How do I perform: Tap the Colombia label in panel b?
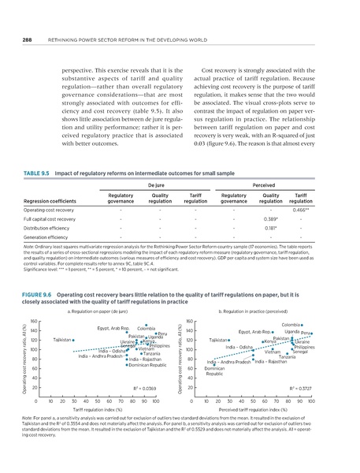click(291, 324)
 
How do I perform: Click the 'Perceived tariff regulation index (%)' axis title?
click(252, 412)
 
